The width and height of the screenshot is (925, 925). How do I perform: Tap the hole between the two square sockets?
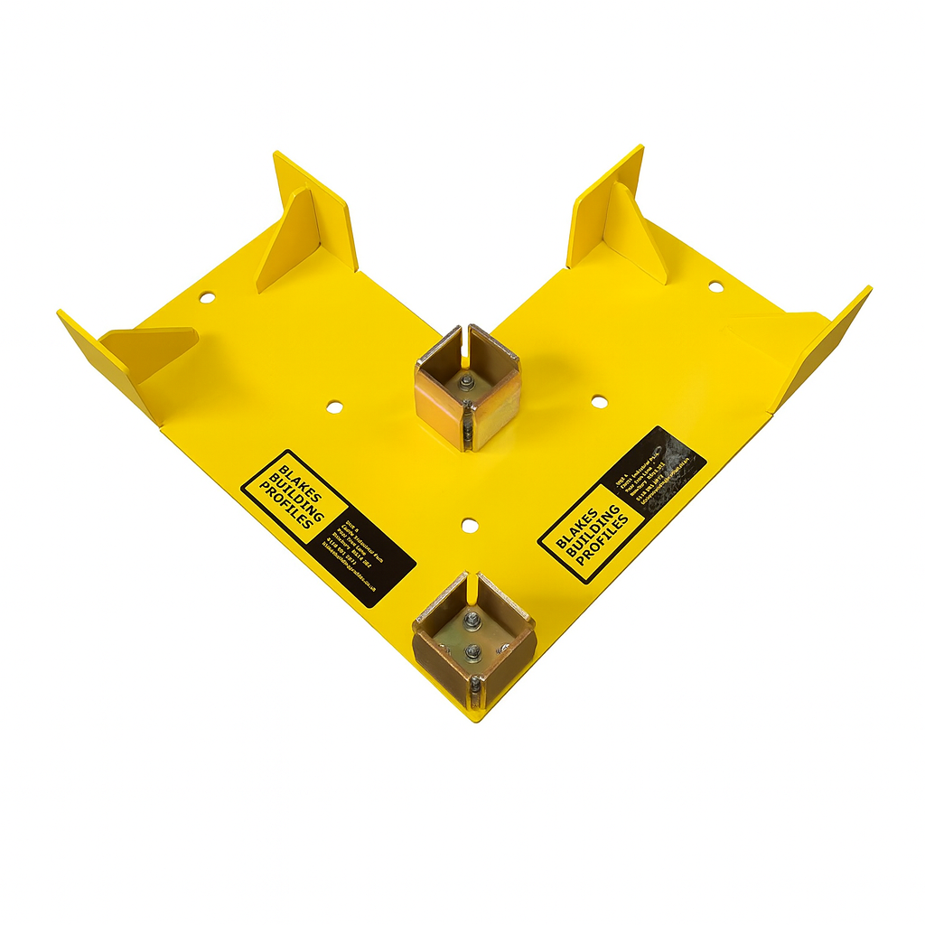click(468, 524)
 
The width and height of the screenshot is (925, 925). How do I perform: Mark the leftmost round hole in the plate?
click(207, 296)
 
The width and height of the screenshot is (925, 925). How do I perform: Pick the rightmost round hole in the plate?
click(715, 286)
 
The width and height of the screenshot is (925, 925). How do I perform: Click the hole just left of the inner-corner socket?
click(334, 406)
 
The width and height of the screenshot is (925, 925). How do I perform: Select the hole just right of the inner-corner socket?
click(599, 399)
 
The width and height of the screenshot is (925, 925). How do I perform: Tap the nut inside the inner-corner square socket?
click(467, 387)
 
